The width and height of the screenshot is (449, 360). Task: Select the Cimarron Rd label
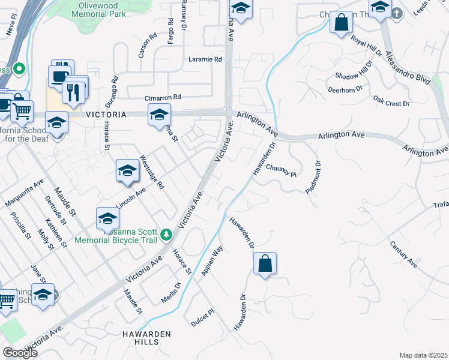click(163, 97)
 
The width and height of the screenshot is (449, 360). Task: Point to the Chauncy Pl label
click(282, 171)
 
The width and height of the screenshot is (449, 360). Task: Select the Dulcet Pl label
click(203, 314)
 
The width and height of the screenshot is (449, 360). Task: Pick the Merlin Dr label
click(170, 292)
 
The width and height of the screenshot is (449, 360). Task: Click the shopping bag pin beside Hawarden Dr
click(265, 263)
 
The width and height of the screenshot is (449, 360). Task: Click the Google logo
click(20, 352)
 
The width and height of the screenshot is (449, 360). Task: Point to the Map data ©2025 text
click(423, 355)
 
